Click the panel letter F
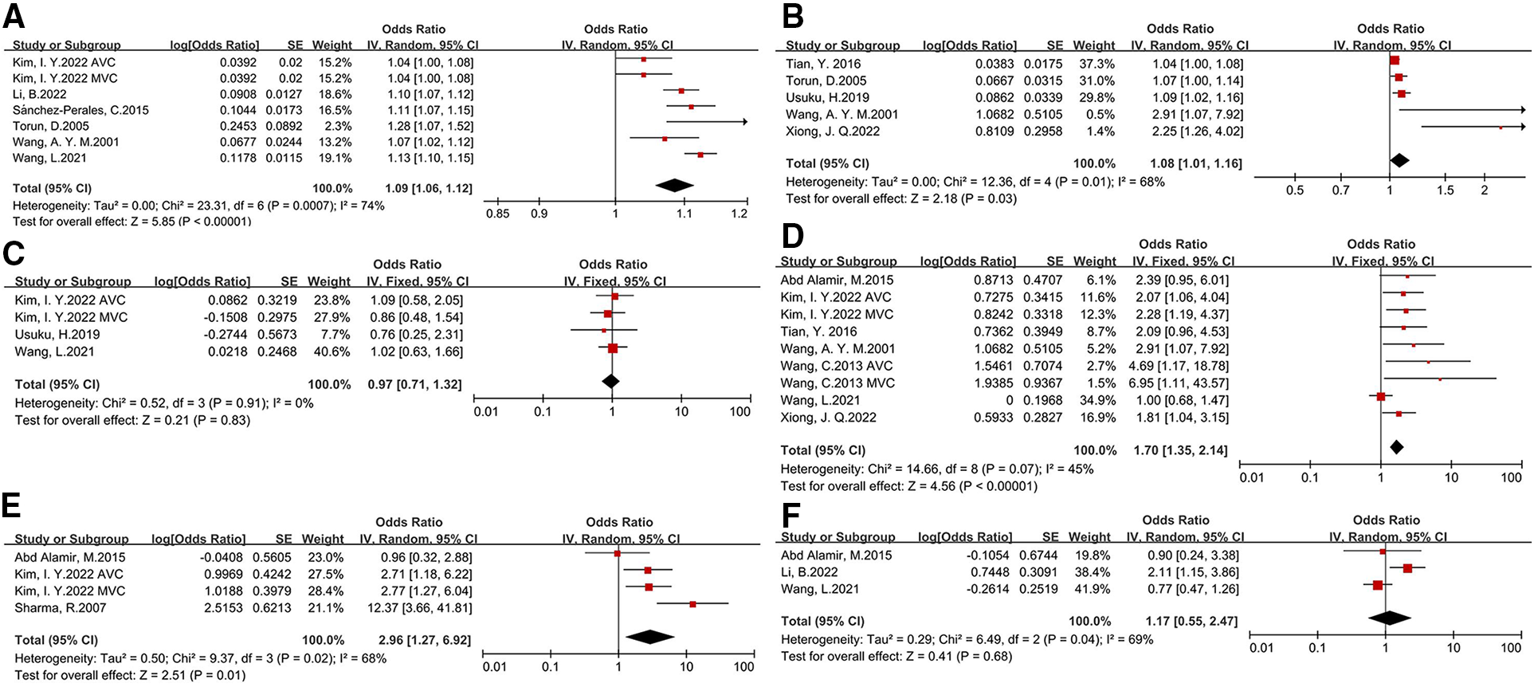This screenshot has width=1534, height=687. click(x=790, y=516)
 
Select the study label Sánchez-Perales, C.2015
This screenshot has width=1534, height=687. click(x=80, y=110)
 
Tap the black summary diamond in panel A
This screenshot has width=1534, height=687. click(x=674, y=186)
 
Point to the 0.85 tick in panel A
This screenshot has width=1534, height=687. click(x=499, y=214)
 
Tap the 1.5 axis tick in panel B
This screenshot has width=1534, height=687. click(x=1445, y=190)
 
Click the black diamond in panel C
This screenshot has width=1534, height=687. click(x=610, y=382)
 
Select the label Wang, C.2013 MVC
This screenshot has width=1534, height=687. click(x=837, y=383)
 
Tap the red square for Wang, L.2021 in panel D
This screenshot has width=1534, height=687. click(x=1380, y=396)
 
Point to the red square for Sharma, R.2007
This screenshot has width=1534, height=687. click(x=692, y=604)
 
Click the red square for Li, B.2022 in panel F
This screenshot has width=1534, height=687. click(x=1407, y=568)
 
